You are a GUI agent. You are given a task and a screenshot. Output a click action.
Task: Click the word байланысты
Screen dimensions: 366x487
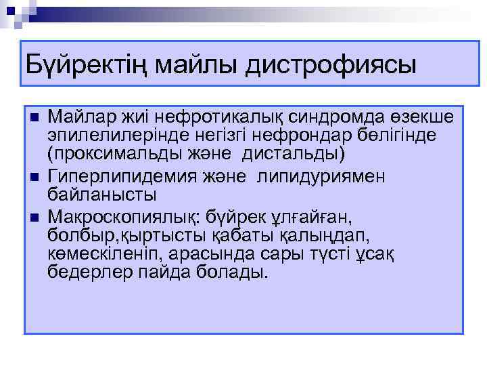(102, 195)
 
